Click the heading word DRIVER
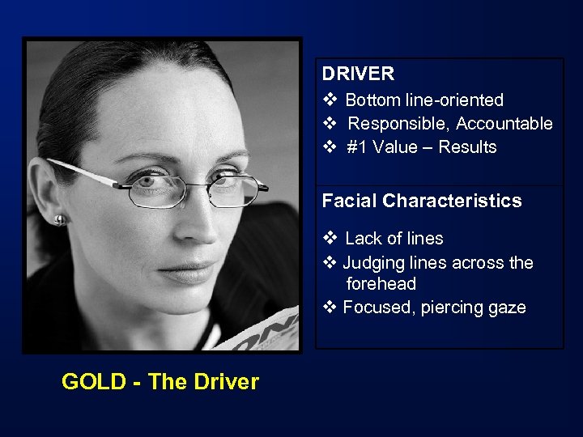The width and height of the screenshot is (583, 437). pyautogui.click(x=358, y=74)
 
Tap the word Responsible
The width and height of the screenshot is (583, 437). pyautogui.click(x=399, y=124)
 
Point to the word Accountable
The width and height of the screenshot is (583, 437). pyautogui.click(x=504, y=124)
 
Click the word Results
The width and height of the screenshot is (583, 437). pyautogui.click(x=467, y=147)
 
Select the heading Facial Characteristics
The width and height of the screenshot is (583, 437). pyautogui.click(x=422, y=201)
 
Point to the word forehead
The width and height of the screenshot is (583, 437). pyautogui.click(x=381, y=284)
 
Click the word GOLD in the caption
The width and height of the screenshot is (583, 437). pyautogui.click(x=91, y=382)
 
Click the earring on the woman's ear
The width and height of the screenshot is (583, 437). pyautogui.click(x=59, y=218)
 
